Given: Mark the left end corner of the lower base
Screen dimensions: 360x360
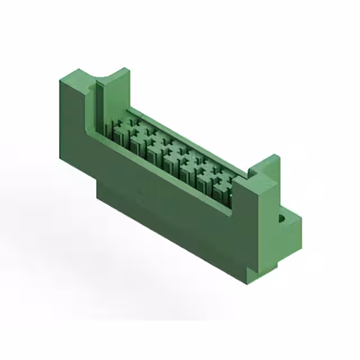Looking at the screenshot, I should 99,194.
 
